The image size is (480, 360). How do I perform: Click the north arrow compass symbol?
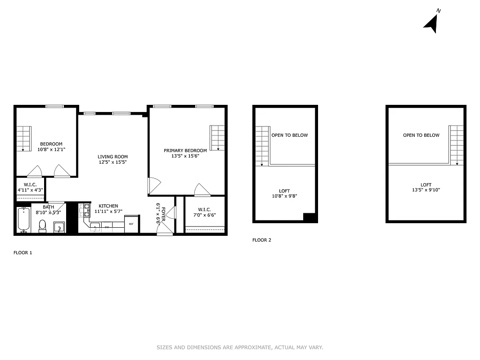[431, 23]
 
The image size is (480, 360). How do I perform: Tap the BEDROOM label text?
[51, 144]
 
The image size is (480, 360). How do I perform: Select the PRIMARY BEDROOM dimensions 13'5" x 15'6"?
[185, 156]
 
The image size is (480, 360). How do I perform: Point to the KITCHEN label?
[108, 206]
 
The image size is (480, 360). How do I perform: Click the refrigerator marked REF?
[131, 224]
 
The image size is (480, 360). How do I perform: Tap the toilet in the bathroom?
[43, 225]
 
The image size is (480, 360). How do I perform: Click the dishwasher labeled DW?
[107, 227]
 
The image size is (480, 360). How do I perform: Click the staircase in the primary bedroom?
[217, 138]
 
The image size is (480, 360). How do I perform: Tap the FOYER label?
[163, 215]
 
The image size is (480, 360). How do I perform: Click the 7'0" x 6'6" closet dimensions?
[205, 215]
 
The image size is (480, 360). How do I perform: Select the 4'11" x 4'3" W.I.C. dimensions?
[30, 190]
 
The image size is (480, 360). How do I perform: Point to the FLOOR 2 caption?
[262, 240]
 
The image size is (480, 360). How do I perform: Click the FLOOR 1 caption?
[23, 253]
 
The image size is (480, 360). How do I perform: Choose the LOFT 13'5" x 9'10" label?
[426, 187]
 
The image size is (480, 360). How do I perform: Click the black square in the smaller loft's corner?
[310, 216]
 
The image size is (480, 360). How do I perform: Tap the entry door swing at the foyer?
[165, 228]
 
